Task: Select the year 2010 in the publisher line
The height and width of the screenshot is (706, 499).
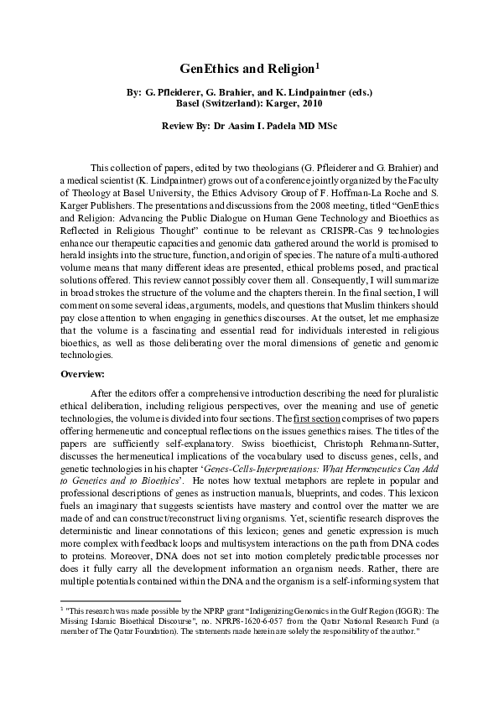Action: [309, 103]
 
